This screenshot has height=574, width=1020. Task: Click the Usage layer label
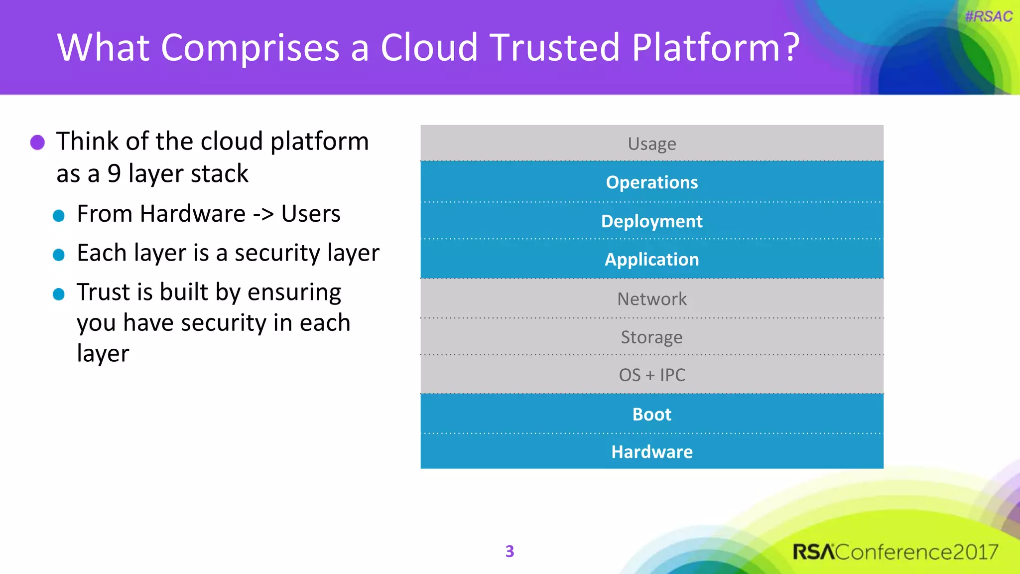tap(651, 143)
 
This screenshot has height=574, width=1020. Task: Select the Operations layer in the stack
tap(651, 182)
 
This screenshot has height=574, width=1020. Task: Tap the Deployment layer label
tap(651, 221)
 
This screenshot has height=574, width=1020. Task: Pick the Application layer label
tap(651, 260)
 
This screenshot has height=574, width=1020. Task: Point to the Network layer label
tap(651, 299)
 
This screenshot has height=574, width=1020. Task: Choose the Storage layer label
tap(651, 337)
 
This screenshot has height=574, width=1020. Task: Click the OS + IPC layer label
tap(651, 375)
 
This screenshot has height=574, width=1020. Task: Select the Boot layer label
tap(651, 414)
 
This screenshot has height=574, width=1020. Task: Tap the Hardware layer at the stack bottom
tap(651, 452)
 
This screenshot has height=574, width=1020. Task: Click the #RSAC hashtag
tap(988, 16)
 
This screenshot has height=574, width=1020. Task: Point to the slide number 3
tap(510, 551)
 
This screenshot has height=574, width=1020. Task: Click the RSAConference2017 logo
tap(895, 552)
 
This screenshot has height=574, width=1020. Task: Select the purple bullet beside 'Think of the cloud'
tap(37, 143)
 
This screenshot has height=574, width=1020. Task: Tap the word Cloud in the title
tap(429, 48)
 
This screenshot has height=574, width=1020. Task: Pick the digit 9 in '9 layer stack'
tap(114, 173)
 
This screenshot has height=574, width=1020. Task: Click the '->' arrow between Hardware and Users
tap(263, 214)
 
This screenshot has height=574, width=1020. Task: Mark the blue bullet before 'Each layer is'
tap(59, 255)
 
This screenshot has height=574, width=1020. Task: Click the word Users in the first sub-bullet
tap(310, 214)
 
